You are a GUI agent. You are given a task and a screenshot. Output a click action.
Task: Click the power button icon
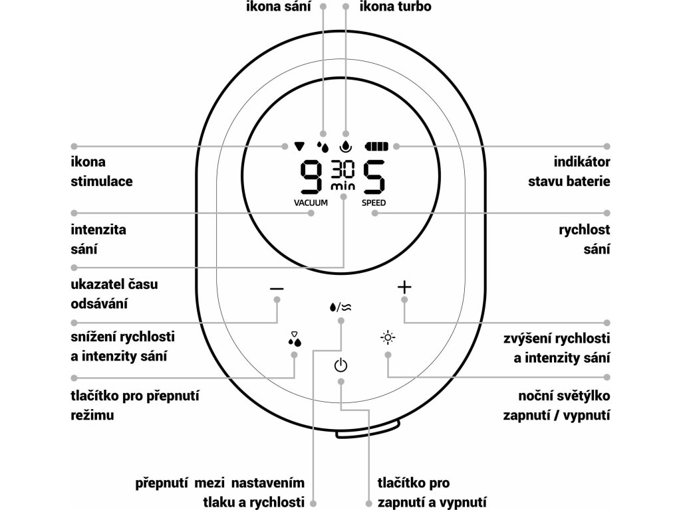point(340,365)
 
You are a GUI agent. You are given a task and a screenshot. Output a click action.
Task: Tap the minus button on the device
point(277,289)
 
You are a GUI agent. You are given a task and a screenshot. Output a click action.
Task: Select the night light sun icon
point(388,338)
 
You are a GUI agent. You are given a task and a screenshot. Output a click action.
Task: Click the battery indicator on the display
point(379,145)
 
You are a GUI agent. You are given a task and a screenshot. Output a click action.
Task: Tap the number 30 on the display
point(343,169)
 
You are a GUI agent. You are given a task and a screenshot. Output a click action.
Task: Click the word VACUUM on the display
point(311,203)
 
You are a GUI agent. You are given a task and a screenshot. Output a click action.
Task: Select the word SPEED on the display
point(373,203)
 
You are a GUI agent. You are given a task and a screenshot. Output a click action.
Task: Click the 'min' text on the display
point(343,187)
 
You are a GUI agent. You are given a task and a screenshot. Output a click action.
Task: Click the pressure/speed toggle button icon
point(340,307)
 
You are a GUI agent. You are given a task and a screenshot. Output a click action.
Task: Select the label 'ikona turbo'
point(395,7)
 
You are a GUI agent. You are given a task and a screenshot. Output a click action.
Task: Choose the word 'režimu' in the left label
point(92,415)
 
